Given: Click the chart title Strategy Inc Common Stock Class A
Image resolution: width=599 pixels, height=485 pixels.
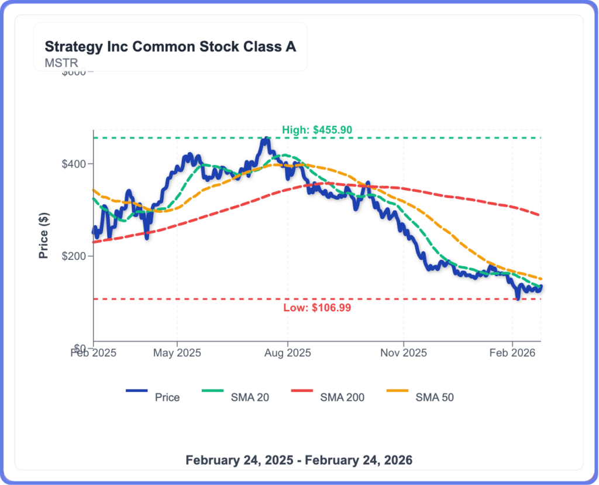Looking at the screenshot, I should tap(170, 47).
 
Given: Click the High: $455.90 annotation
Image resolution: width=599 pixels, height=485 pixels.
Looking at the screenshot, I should tap(316, 130).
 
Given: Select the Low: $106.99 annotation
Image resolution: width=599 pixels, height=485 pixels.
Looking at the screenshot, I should tap(316, 308).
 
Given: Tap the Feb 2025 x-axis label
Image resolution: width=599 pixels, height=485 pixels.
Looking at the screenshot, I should tap(94, 353).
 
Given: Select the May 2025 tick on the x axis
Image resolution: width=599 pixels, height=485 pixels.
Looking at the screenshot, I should tap(177, 353).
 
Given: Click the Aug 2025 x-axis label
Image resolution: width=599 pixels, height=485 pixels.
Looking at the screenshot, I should tap(287, 353).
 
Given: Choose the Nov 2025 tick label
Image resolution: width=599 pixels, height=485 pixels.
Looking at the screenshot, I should tap(404, 353).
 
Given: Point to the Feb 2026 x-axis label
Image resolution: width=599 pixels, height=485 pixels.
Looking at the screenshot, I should tap(512, 353).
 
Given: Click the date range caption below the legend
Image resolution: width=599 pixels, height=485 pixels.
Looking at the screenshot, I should tap(299, 460).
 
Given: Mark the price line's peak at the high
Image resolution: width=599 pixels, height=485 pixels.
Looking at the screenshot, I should tap(266, 139).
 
